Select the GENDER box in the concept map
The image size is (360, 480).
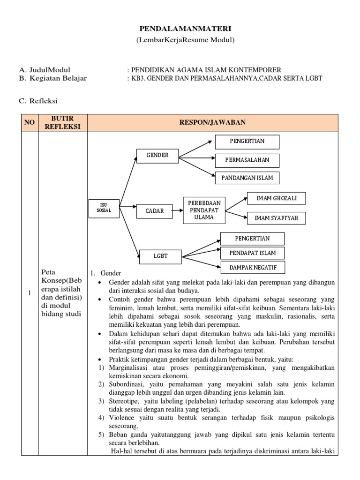tap(157, 155)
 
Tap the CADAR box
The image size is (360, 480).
tap(154, 211)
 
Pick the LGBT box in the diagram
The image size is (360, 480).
tap(160, 256)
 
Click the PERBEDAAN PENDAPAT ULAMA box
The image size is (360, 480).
tap(204, 210)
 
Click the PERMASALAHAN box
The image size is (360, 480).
tap(247, 160)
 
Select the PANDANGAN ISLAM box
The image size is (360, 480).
tap(247, 178)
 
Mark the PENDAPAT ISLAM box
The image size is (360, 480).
tap(252, 253)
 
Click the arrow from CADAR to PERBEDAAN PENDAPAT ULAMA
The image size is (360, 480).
tap(177, 211)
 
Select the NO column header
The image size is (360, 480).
tap(30, 122)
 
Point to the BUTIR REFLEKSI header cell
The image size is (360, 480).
tap(63, 122)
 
